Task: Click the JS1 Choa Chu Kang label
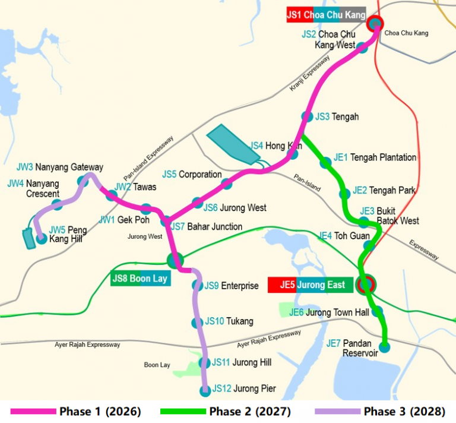pos(325,15)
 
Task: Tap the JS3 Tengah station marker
pos(307,117)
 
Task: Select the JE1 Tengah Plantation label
pos(375,157)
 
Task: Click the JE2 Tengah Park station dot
pos(344,194)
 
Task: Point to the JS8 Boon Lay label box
pos(141,278)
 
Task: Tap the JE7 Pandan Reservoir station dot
pos(385,348)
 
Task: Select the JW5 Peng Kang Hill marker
pos(42,239)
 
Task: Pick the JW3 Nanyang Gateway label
pos(59,168)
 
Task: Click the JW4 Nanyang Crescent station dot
pos(57,204)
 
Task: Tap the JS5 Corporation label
pos(192,175)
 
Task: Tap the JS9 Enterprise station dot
pos(197,286)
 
